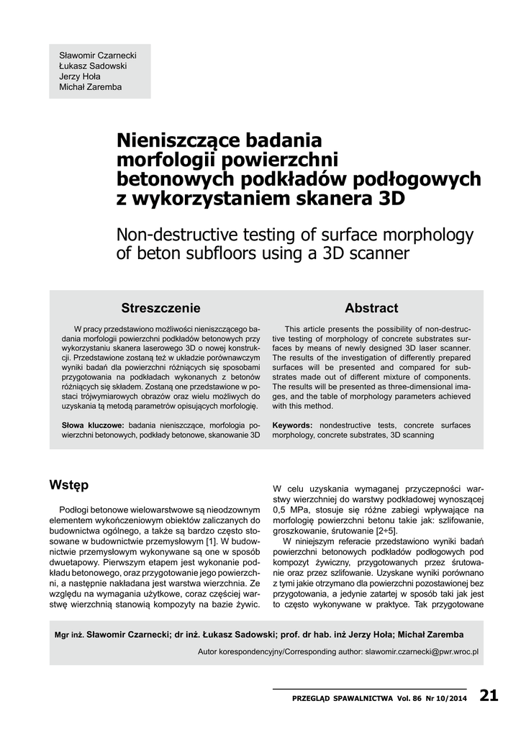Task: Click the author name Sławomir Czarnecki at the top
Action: [x=97, y=55]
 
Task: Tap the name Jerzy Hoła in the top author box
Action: [x=80, y=76]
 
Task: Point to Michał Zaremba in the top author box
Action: [x=91, y=87]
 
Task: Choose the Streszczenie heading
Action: [x=160, y=308]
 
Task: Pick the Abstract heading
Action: [x=371, y=308]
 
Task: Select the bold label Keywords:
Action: [x=292, y=425]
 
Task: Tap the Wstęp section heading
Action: [x=69, y=485]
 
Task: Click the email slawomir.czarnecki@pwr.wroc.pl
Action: [x=422, y=651]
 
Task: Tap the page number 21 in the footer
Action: [x=489, y=696]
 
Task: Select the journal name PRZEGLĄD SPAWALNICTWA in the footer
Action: [x=343, y=698]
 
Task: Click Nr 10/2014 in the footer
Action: [x=445, y=698]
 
